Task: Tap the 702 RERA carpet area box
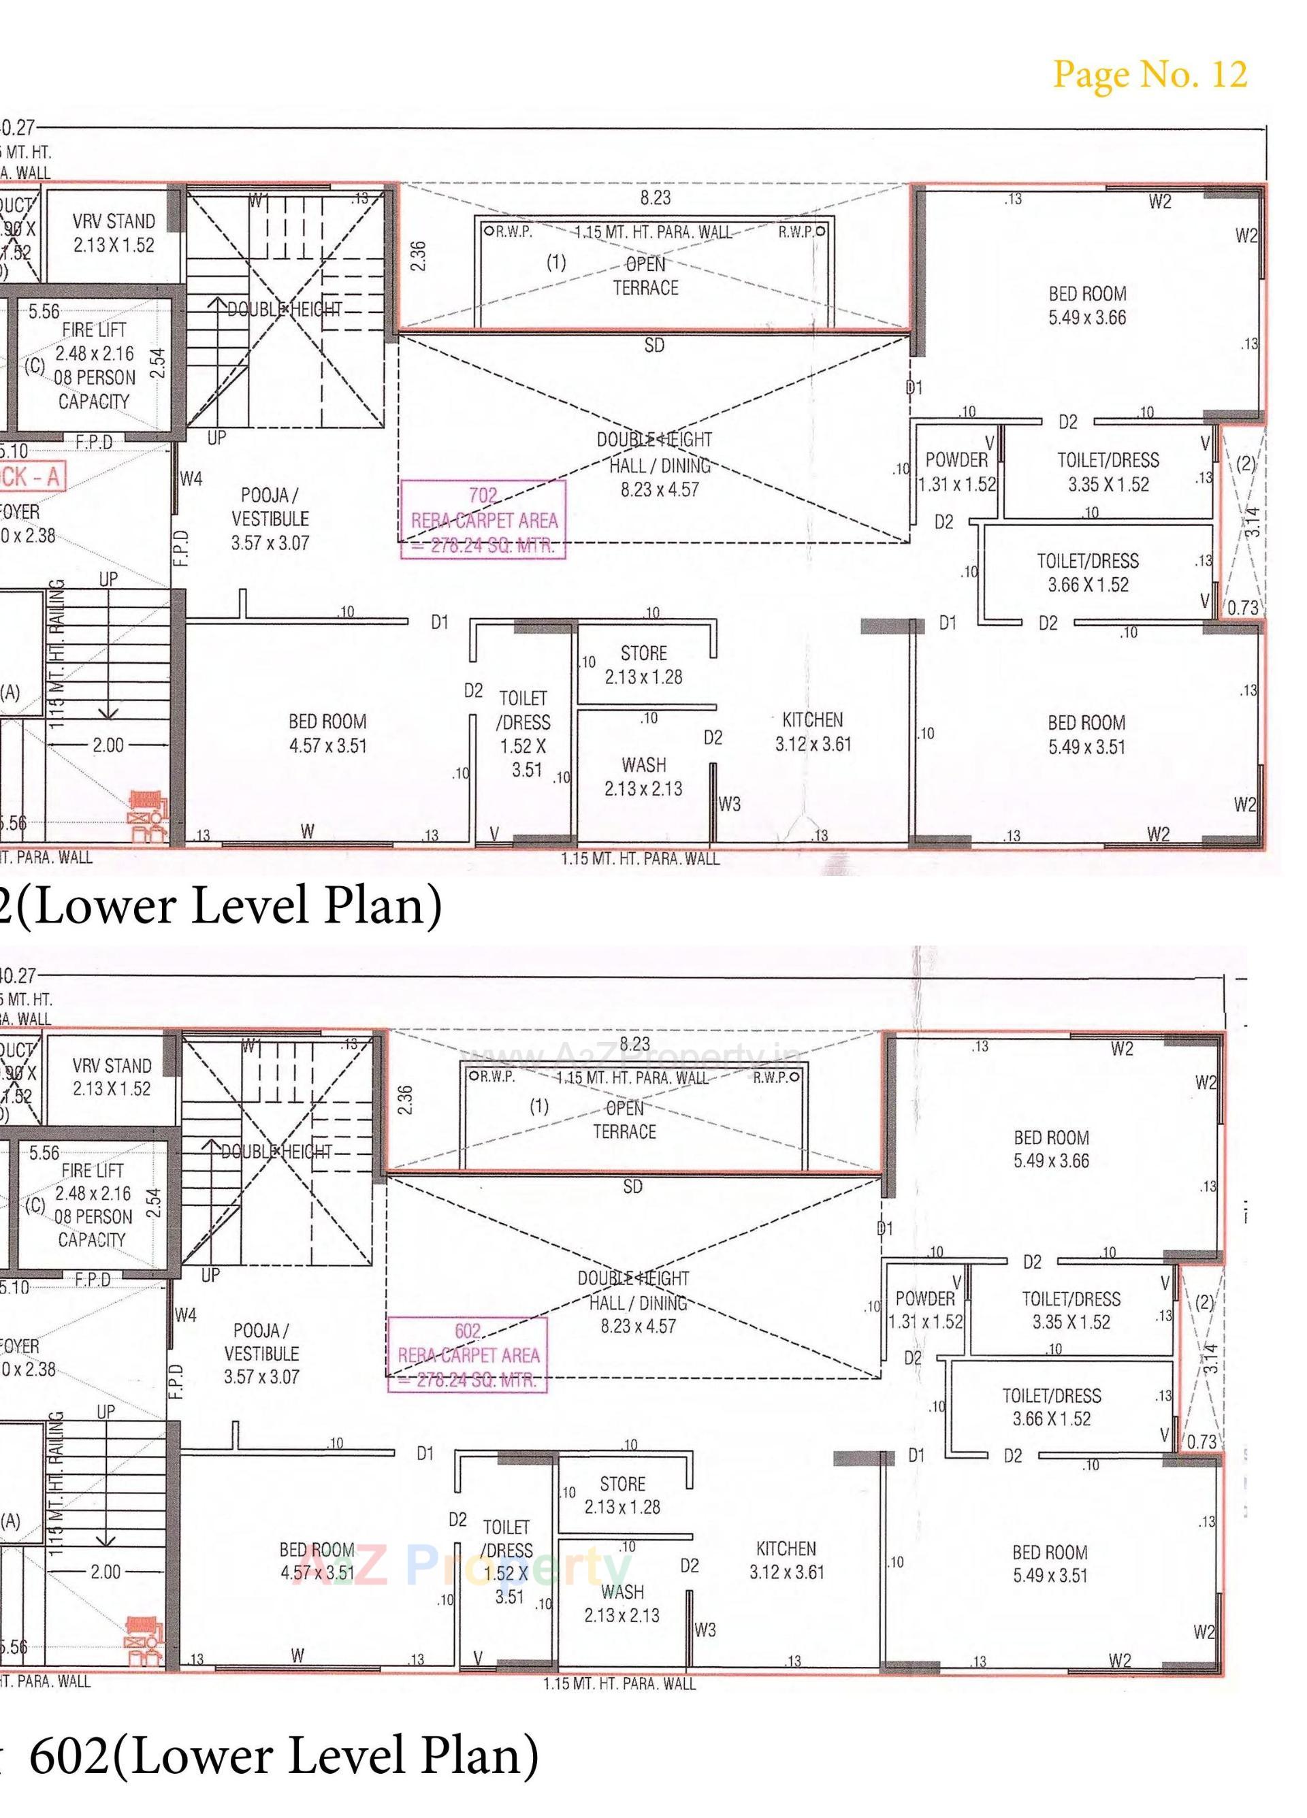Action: coord(483,520)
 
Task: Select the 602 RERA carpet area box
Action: coord(468,1354)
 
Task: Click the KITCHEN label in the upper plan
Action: coord(812,731)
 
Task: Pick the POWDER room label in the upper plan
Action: coord(956,471)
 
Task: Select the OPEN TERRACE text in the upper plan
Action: coord(645,276)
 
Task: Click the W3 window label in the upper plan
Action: coord(729,804)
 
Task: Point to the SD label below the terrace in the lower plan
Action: coord(632,1186)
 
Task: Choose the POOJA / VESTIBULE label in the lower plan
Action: coord(261,1353)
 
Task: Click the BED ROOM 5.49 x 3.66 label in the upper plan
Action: coord(1086,306)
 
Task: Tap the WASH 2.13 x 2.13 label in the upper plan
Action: coord(643,776)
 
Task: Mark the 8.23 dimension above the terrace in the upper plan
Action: coord(655,197)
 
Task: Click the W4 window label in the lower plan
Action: coord(184,1314)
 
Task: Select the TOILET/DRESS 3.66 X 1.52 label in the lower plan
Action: coord(1051,1407)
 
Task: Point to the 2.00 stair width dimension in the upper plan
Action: coord(108,745)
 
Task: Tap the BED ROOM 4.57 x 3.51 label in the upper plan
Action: coord(327,734)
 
